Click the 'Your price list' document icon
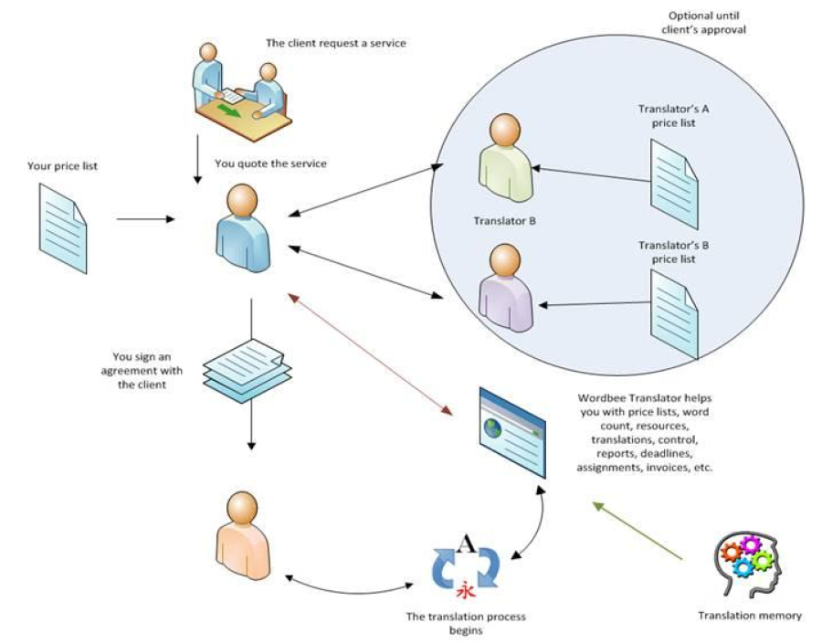pyautogui.click(x=63, y=227)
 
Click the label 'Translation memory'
pyautogui.click(x=750, y=616)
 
